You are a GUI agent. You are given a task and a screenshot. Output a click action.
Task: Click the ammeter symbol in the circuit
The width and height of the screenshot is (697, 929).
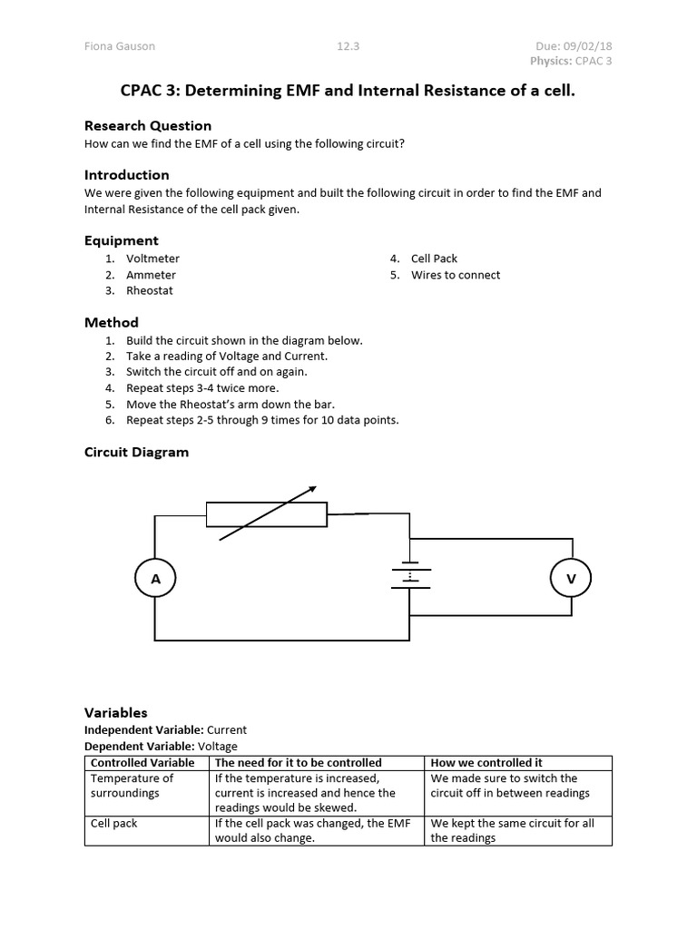[155, 579]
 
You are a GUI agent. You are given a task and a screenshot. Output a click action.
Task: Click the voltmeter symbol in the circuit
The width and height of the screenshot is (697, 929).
[571, 578]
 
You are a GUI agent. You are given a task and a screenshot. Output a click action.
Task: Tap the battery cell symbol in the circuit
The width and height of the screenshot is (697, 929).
[410, 575]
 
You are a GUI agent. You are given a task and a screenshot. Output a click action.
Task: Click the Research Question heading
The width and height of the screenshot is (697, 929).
[148, 125]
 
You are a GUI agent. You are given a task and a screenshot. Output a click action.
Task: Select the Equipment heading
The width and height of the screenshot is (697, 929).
[121, 240]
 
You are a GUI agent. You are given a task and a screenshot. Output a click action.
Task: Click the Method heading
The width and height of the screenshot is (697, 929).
[112, 322]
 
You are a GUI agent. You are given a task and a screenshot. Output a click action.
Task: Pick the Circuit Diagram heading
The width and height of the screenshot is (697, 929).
[136, 452]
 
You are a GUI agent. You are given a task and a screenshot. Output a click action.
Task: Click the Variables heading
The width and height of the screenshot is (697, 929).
[115, 712]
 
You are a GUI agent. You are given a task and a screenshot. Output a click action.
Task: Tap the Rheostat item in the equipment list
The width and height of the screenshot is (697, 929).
[150, 290]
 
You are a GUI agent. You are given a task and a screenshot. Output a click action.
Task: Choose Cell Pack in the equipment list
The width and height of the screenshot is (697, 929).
[434, 259]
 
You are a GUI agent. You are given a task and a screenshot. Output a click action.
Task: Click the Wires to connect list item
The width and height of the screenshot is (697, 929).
[456, 275]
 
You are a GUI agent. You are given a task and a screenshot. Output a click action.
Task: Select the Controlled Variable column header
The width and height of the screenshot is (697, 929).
[142, 763]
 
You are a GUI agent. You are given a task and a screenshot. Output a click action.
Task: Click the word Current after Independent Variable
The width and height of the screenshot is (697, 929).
[227, 729]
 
